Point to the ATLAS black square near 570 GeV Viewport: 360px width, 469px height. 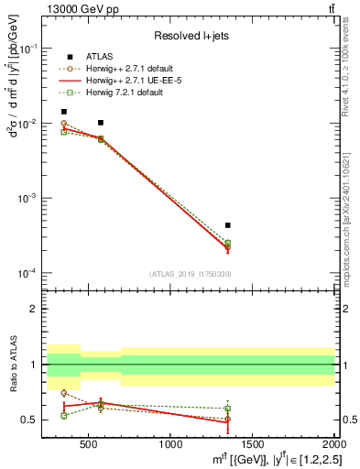pyautogui.click(x=100, y=123)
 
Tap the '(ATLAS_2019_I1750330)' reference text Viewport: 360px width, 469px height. pyautogui.click(x=191, y=273)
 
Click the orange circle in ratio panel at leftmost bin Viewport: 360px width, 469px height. pyautogui.click(x=63, y=393)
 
